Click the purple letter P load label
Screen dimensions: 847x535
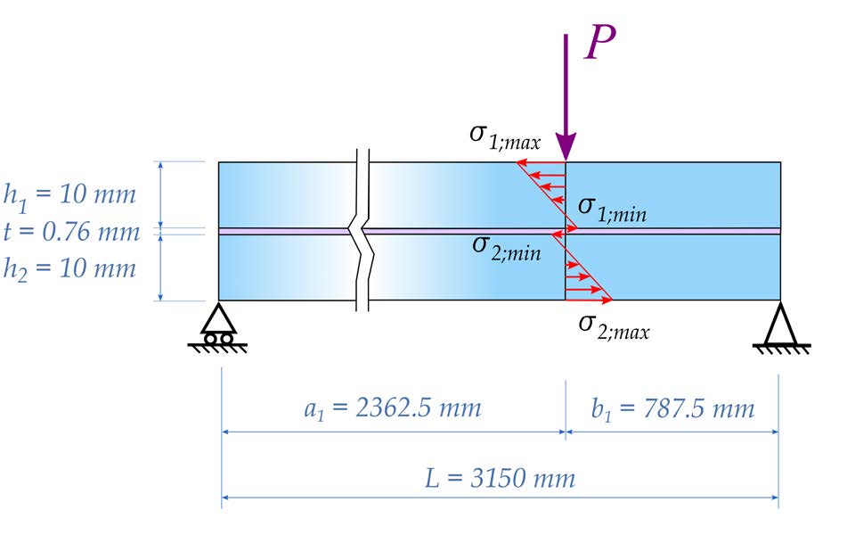click(x=600, y=42)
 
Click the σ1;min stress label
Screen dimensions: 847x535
click(x=612, y=209)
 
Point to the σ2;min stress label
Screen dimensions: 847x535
click(x=507, y=248)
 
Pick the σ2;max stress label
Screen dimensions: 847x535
click(x=614, y=326)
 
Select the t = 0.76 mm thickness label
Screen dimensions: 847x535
click(x=71, y=232)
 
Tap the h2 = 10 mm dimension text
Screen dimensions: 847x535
click(x=69, y=269)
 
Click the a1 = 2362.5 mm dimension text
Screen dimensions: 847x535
click(x=392, y=408)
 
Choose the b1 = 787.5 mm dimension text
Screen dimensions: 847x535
click(x=672, y=408)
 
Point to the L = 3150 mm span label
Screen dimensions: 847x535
click(x=501, y=479)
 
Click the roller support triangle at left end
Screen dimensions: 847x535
click(x=218, y=318)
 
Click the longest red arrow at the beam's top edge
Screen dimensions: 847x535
click(x=542, y=161)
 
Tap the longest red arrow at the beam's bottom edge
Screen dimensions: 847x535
click(x=589, y=299)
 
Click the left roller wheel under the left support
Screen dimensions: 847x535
click(x=211, y=339)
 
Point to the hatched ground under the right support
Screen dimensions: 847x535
click(x=782, y=349)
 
